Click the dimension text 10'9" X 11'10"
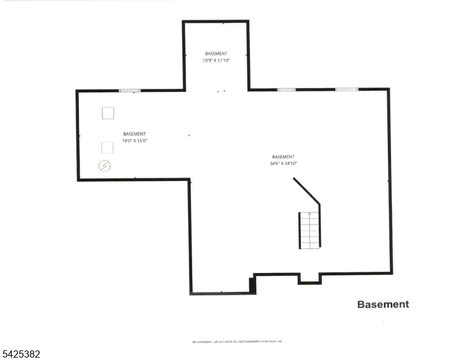click(x=216, y=61)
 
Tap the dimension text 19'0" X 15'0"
click(x=135, y=141)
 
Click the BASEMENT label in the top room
click(x=216, y=54)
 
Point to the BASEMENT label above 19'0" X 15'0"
click(x=135, y=134)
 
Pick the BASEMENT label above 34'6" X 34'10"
click(x=283, y=157)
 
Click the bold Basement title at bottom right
click(x=383, y=304)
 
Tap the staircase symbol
click(x=310, y=230)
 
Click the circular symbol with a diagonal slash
click(x=104, y=166)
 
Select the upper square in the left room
click(x=108, y=113)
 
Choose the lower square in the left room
click(x=107, y=147)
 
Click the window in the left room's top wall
click(x=130, y=91)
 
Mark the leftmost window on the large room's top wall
click(x=286, y=90)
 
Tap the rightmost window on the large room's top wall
click(x=346, y=90)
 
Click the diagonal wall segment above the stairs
click(x=306, y=191)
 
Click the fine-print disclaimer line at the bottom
click(x=237, y=341)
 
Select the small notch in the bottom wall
click(x=310, y=279)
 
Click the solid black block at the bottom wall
click(x=252, y=285)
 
